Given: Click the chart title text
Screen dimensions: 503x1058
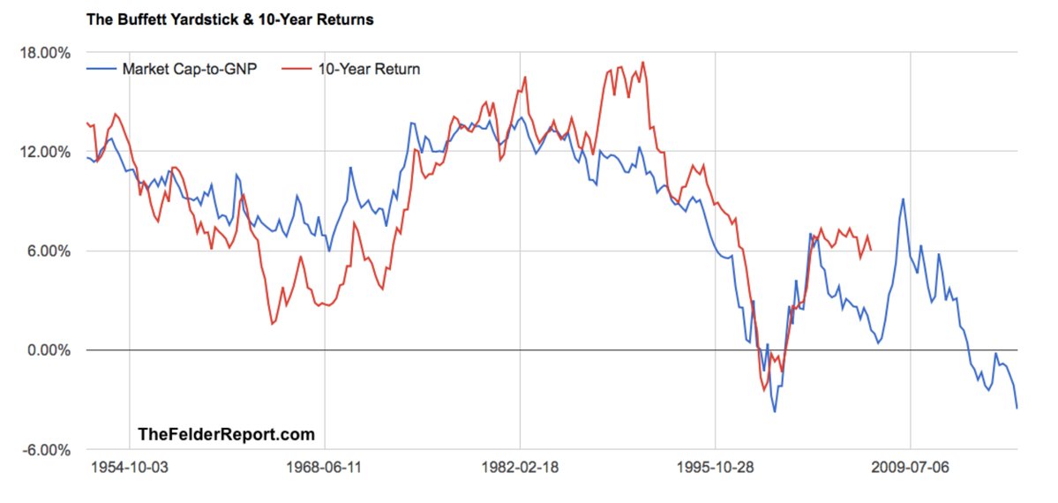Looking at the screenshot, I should pos(229,19).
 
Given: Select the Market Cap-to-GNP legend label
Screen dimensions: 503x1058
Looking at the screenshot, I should pos(190,69).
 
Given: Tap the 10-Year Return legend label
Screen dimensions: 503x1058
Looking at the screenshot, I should pos(369,69).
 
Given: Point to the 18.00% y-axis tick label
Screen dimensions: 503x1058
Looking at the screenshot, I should pos(45,52).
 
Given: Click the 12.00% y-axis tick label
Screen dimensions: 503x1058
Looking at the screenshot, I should pos(45,152).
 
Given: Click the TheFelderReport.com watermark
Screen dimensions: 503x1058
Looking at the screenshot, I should pos(226,434).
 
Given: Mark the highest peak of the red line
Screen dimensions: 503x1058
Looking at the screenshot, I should pos(642,62).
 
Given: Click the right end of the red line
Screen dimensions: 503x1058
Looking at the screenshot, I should pos(872,250).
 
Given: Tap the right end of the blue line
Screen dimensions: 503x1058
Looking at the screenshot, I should pos(1017,408).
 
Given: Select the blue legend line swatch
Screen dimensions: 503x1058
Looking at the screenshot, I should pos(101,69).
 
